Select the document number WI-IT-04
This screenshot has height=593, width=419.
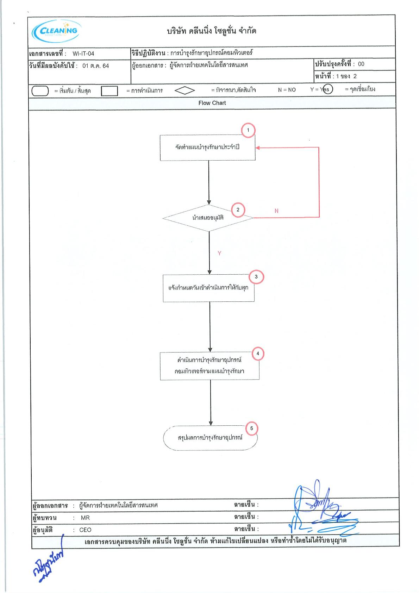tap(83, 54)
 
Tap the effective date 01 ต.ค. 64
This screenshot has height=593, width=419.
tap(95, 66)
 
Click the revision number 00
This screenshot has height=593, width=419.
tap(361, 64)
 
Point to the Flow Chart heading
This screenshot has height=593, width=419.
tap(212, 103)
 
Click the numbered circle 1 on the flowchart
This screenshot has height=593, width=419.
tap(248, 130)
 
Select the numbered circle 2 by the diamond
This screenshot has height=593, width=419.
tap(238, 210)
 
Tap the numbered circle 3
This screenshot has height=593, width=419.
tap(256, 277)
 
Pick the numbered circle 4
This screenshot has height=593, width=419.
tap(258, 354)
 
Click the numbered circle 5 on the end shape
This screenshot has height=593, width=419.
tap(251, 428)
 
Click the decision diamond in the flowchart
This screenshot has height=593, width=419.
tap(208, 218)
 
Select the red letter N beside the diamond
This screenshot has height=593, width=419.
tap(276, 211)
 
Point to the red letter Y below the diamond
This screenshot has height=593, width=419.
tap(219, 253)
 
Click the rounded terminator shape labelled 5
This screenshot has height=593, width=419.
tap(210, 438)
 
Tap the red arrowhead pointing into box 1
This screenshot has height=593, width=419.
tap(257, 148)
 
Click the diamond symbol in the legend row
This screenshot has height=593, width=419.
tap(185, 90)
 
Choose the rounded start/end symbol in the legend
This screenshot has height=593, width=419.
tap(40, 91)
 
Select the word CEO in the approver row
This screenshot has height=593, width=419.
tap(85, 530)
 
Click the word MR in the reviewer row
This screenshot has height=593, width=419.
tap(85, 518)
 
